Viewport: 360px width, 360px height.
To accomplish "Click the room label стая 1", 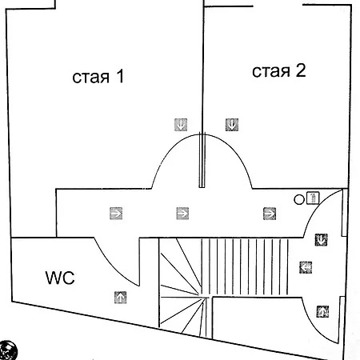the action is click(98, 77).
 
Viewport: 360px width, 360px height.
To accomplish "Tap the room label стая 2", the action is click(279, 71).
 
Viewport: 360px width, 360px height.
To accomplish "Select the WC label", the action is click(60, 278).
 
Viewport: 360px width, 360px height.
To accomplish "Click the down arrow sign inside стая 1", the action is click(181, 125).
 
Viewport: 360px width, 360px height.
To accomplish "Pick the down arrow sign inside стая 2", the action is click(232, 125).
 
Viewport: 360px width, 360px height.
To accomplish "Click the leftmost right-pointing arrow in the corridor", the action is click(116, 214).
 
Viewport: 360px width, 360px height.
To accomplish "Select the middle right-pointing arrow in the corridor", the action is click(182, 214).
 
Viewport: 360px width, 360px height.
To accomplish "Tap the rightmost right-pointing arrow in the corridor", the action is click(270, 214).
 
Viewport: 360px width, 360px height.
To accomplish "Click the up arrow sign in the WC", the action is click(121, 298).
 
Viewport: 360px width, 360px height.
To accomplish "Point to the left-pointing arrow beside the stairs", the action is click(306, 267).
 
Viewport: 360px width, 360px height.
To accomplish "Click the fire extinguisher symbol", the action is click(313, 198).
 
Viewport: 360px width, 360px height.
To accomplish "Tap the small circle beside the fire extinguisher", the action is click(299, 199).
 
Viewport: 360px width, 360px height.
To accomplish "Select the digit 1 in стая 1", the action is click(120, 76).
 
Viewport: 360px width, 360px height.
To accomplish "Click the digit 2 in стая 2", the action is click(301, 70).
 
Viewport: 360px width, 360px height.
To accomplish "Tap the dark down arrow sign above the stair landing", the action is click(321, 240).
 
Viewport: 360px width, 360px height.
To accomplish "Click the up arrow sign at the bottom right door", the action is click(322, 311).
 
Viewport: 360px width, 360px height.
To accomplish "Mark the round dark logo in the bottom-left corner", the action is click(7, 350).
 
